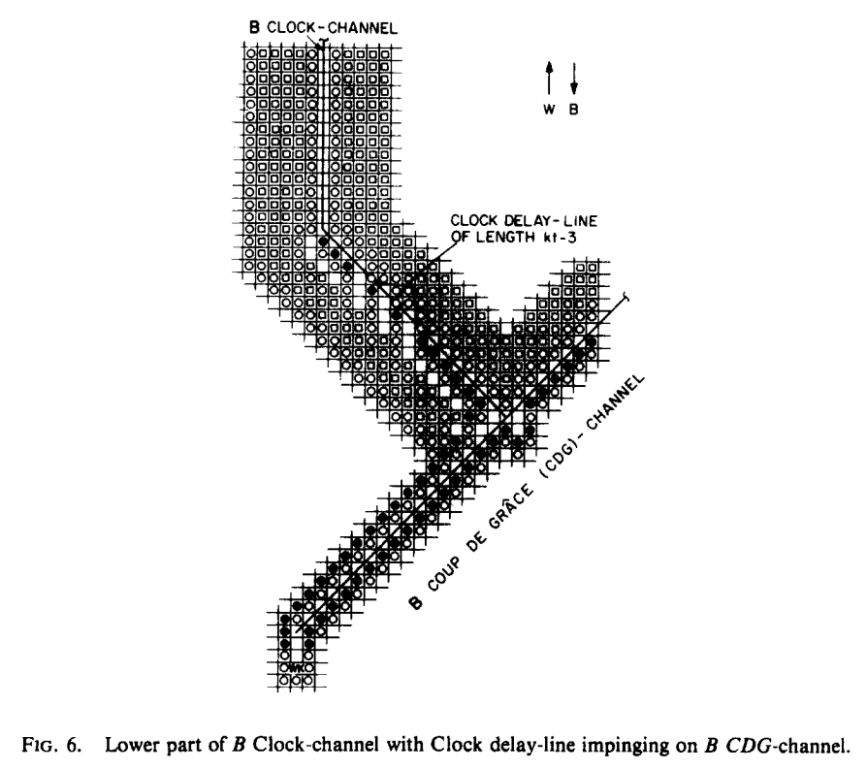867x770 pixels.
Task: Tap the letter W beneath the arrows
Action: coord(549,109)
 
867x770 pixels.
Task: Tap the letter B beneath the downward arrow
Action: coord(573,109)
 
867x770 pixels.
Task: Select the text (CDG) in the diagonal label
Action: coord(586,436)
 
